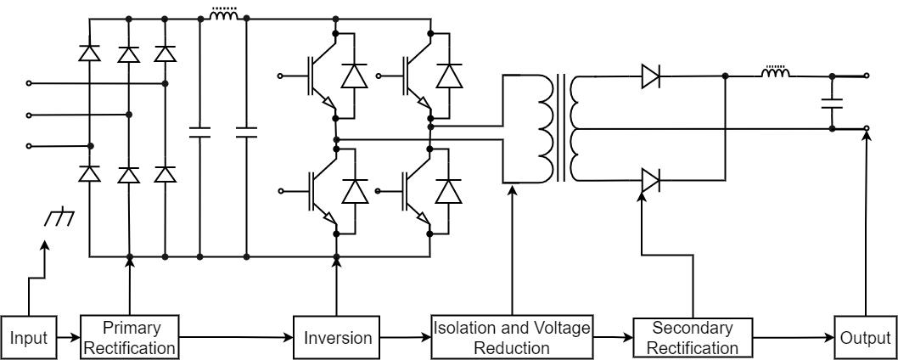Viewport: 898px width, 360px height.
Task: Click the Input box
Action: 29,338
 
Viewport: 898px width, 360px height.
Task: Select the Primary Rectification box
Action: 131,337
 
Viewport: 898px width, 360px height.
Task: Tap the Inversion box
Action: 338,338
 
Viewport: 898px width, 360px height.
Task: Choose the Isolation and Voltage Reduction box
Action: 511,337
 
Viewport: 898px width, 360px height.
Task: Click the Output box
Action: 865,338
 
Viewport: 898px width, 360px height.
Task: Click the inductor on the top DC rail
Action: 223,15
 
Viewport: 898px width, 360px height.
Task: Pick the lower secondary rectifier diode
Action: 651,180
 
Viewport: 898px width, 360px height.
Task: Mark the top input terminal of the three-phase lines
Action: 30,83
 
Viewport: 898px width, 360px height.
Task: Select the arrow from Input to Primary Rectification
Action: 68,338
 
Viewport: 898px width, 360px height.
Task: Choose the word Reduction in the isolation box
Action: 511,347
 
